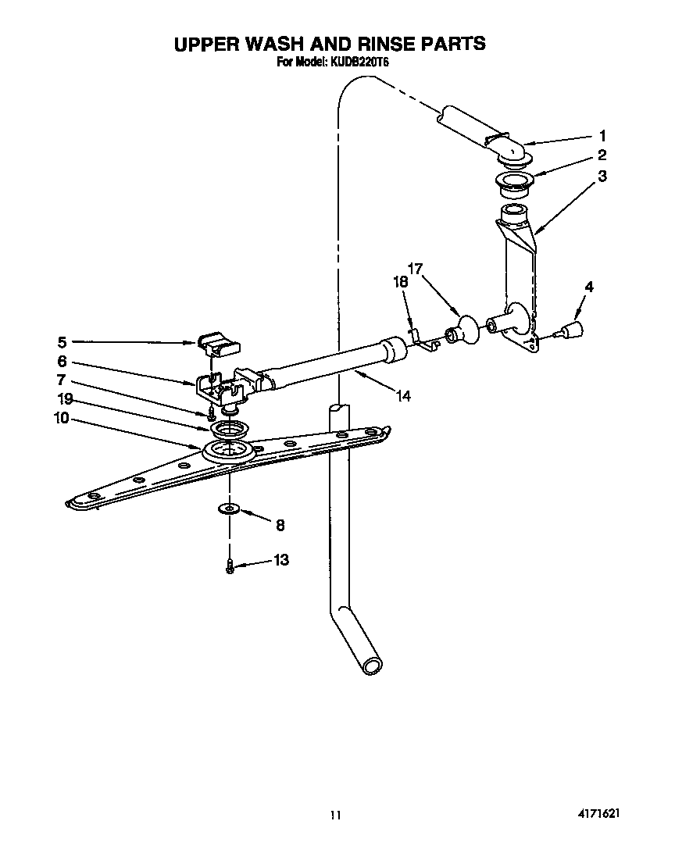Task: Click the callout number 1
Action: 602,134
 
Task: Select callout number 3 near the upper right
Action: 602,177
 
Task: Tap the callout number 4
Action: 588,287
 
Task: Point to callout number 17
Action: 414,269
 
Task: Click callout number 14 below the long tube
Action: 402,396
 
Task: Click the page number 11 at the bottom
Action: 335,815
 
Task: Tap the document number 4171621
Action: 600,813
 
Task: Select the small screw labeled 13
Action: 230,566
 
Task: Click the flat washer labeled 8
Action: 229,510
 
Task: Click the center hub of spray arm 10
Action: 228,451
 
